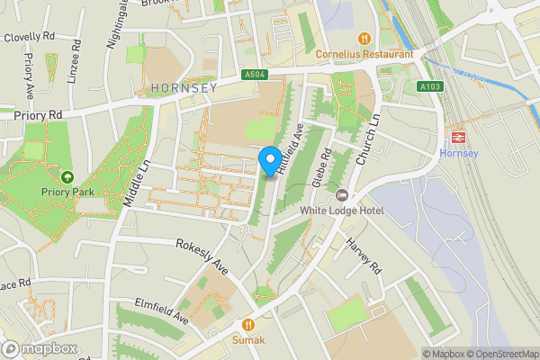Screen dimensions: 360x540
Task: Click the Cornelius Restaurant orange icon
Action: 364,39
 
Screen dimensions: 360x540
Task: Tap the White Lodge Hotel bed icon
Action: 341,195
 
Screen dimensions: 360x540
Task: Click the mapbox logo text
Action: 42,348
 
